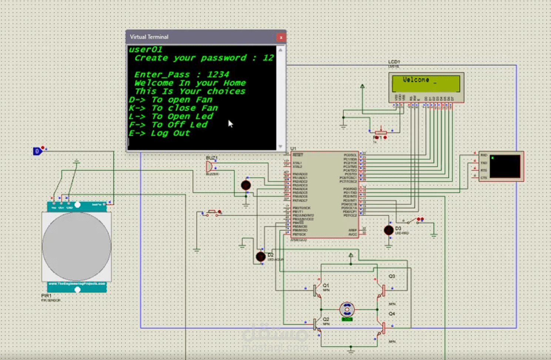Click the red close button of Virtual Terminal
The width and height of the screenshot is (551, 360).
coord(281,37)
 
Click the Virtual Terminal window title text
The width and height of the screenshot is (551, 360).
coord(149,37)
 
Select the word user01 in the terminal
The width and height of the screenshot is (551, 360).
coord(146,50)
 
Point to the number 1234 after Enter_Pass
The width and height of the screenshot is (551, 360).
coord(218,74)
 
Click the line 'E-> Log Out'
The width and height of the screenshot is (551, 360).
coord(159,133)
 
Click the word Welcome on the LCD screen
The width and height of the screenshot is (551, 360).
coord(416,80)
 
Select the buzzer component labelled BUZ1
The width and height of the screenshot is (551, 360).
coord(210,166)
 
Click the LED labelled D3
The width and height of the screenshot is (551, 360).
coord(388,230)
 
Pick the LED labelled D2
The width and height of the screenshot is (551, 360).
coord(261,256)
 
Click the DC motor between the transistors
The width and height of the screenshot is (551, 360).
coord(347,309)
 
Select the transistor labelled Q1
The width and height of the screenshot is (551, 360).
coord(317,290)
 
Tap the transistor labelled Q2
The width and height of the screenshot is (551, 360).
coord(317,324)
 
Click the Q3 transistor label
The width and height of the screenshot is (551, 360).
coord(392,276)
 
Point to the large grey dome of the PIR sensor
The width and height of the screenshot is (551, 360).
coord(77,246)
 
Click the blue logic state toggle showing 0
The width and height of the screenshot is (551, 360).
coord(37,151)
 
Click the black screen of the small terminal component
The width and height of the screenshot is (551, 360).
coord(504,166)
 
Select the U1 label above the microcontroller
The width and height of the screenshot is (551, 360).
coord(293,149)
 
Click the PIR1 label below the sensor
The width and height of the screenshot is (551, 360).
coord(46,296)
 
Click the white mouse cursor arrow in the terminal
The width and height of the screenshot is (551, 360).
coord(230,124)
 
